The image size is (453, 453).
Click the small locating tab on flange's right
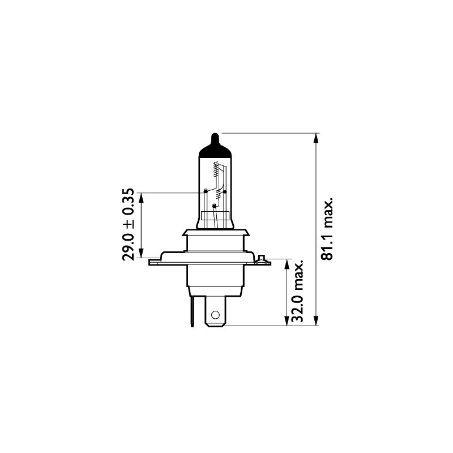(260, 259)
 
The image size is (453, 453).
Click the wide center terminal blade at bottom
(216, 314)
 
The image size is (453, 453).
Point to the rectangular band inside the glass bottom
(216, 217)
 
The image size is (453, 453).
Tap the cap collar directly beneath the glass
(216, 233)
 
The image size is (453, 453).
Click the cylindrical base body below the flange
(216, 277)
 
